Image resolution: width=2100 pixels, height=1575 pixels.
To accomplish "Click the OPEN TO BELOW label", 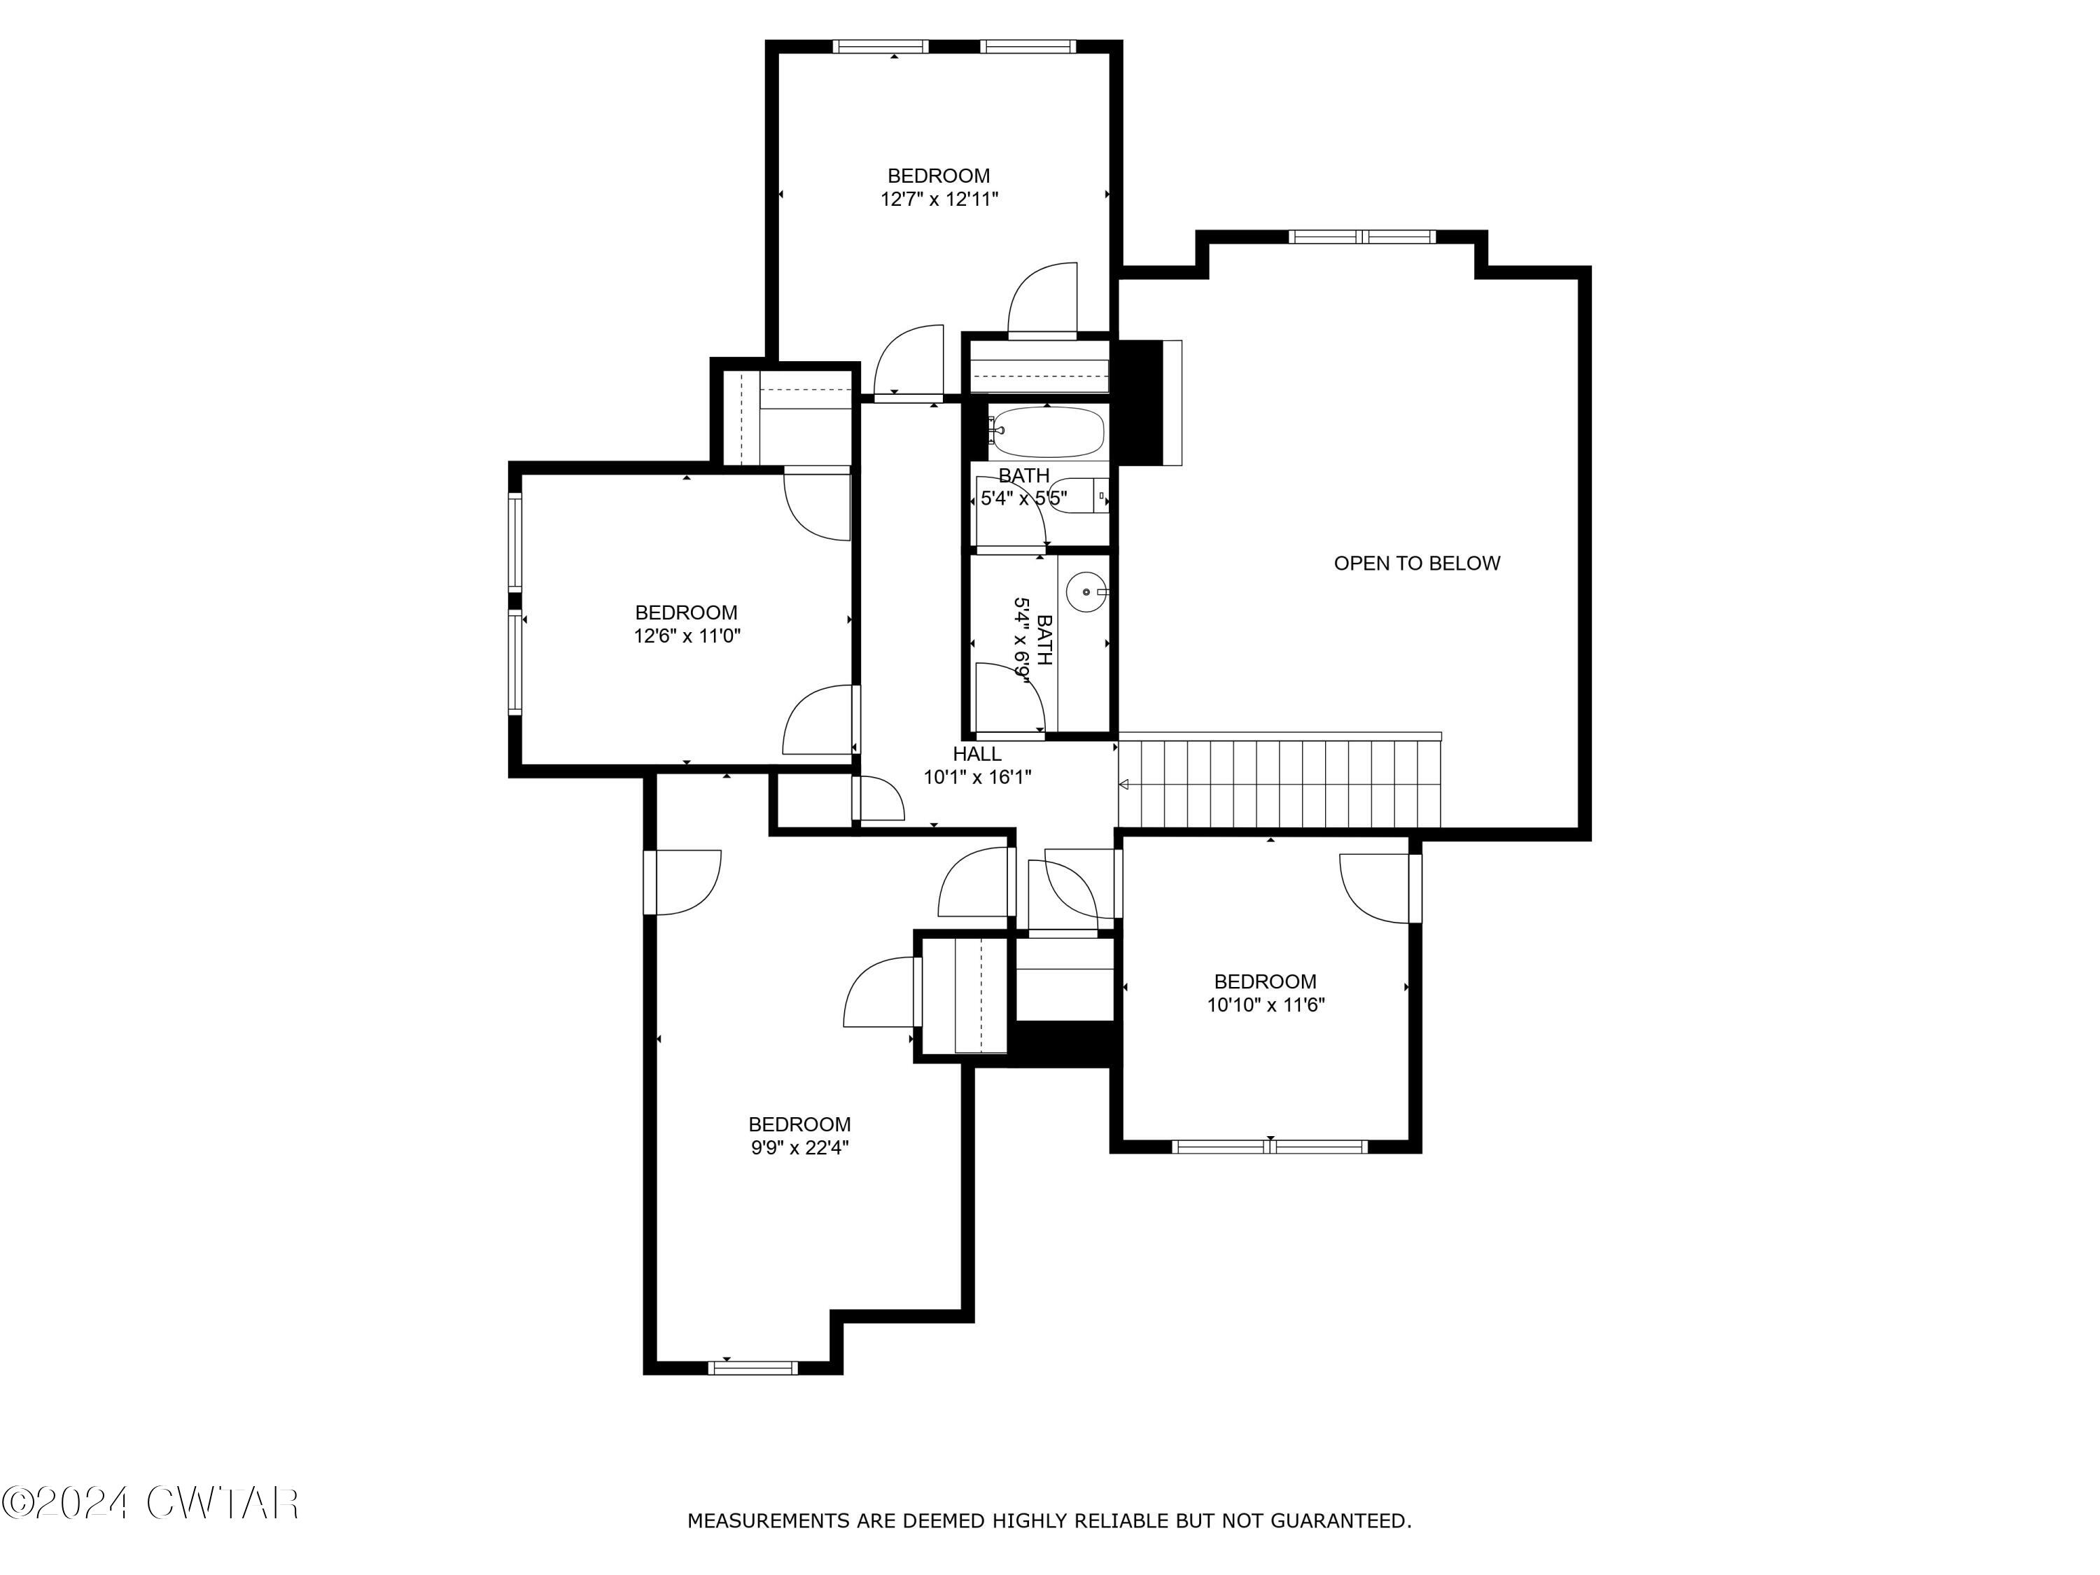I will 1417,563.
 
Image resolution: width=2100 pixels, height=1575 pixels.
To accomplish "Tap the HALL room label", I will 977,754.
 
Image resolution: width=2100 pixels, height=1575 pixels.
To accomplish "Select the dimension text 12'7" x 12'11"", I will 939,199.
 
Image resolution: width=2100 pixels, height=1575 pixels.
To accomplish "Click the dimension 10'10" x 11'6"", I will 1266,1005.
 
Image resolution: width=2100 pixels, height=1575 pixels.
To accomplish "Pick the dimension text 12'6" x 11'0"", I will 687,636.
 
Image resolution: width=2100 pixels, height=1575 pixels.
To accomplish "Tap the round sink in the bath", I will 1085,592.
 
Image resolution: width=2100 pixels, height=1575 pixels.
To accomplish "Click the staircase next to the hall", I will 1280,784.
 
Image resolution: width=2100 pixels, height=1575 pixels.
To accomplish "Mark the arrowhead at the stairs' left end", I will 1124,784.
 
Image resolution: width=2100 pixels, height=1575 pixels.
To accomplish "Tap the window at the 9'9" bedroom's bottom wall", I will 754,1367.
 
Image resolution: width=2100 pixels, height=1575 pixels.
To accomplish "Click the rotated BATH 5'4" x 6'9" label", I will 1033,639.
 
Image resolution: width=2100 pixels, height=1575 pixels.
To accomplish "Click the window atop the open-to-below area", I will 1364,237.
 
